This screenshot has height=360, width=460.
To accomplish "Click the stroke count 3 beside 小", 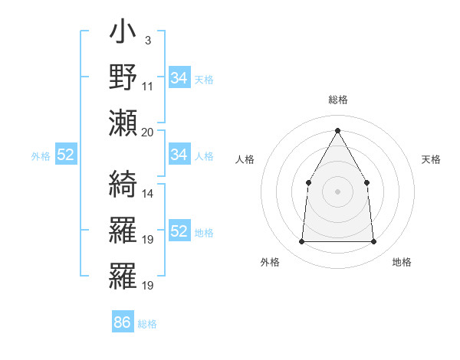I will pyautogui.click(x=147, y=40).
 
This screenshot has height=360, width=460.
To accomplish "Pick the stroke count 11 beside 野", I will pyautogui.click(x=148, y=86).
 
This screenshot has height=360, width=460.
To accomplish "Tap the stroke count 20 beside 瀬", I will pyautogui.click(x=148, y=132).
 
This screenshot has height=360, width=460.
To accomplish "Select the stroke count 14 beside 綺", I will pyautogui.click(x=148, y=194).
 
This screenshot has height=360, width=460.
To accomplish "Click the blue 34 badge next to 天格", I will pyautogui.click(x=179, y=77).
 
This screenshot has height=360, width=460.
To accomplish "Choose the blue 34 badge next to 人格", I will pyautogui.click(x=179, y=155).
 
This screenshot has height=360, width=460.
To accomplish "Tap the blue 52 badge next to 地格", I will pyautogui.click(x=179, y=231).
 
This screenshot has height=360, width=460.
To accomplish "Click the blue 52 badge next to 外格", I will pyautogui.click(x=66, y=155).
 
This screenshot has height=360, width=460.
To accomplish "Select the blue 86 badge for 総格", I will pyautogui.click(x=122, y=322).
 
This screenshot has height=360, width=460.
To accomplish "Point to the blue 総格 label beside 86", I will pyautogui.click(x=147, y=324).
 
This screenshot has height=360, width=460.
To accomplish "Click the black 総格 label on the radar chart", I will pyautogui.click(x=337, y=100).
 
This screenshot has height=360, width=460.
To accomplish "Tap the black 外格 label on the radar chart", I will pyautogui.click(x=270, y=262).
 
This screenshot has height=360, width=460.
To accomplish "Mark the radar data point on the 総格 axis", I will pyautogui.click(x=337, y=129).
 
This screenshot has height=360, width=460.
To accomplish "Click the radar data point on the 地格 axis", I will pyautogui.click(x=373, y=241).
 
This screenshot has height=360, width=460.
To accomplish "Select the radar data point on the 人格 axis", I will pyautogui.click(x=308, y=182).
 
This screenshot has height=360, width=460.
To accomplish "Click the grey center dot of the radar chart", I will pyautogui.click(x=337, y=191).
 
